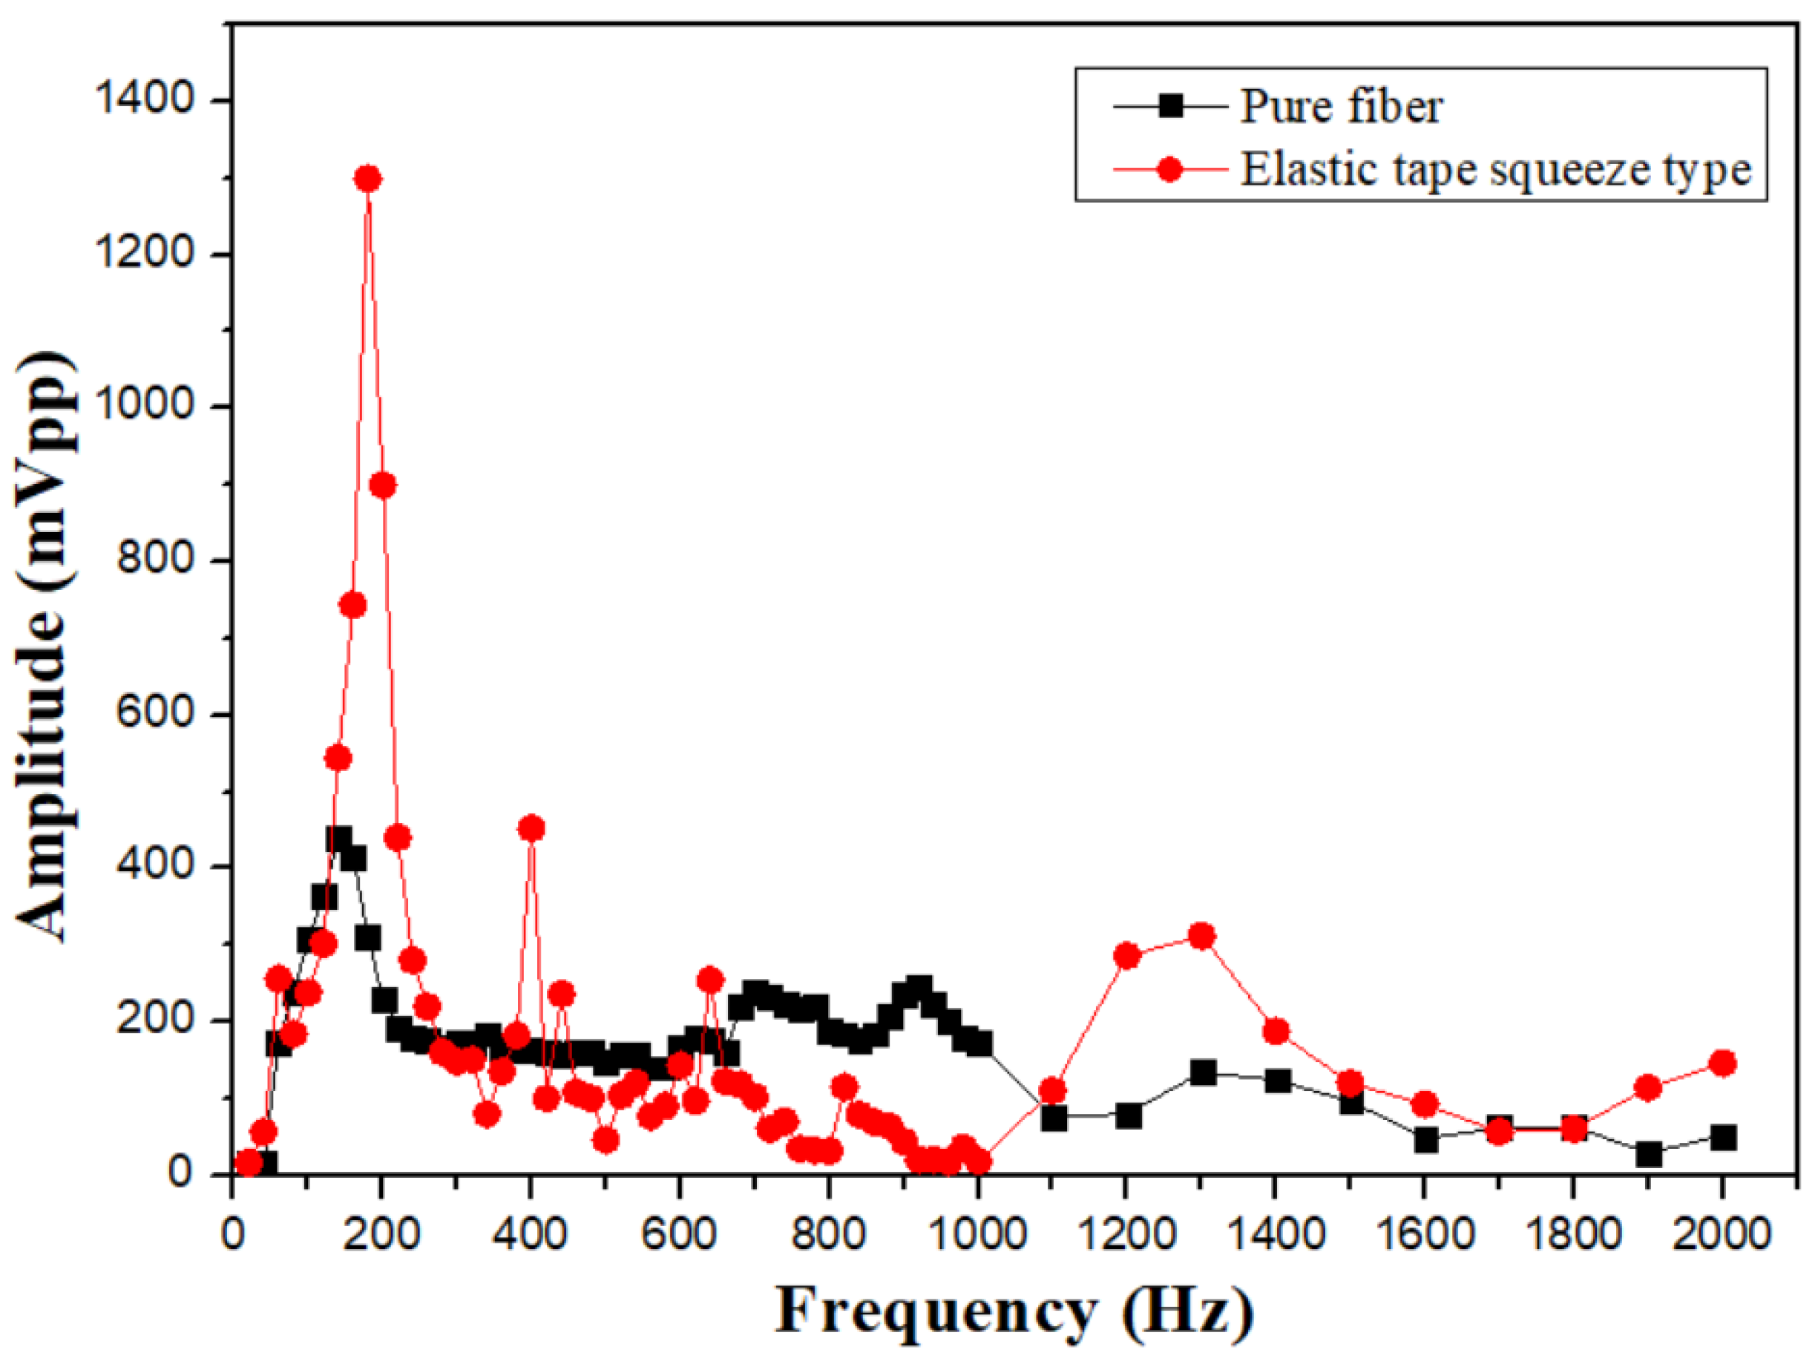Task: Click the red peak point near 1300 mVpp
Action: pyautogui.click(x=367, y=178)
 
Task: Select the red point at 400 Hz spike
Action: pyautogui.click(x=531, y=827)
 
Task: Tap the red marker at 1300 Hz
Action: pyautogui.click(x=1201, y=935)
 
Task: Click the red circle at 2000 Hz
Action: pyautogui.click(x=1722, y=1063)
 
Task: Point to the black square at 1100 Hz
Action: pyautogui.click(x=1054, y=1118)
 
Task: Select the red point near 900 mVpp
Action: pyautogui.click(x=382, y=485)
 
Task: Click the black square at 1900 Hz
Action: pyautogui.click(x=1648, y=1154)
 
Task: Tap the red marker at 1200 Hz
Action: pyautogui.click(x=1127, y=955)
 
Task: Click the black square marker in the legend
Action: pyautogui.click(x=1170, y=106)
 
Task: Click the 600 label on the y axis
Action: pyautogui.click(x=155, y=712)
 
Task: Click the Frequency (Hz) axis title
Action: pyautogui.click(x=1014, y=1312)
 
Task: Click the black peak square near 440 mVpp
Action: pyautogui.click(x=338, y=839)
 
